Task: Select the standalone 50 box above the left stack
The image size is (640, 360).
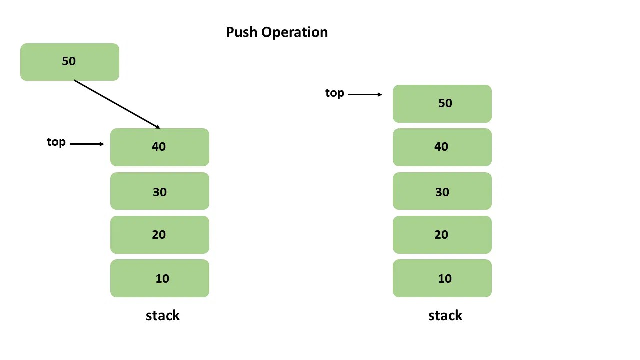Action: point(70,62)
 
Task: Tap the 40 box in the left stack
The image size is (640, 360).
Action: point(160,147)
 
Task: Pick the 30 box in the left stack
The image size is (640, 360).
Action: point(160,191)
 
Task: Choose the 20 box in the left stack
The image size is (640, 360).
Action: point(160,235)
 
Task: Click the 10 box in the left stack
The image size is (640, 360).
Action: point(160,278)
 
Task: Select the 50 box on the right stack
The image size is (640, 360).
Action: point(442,104)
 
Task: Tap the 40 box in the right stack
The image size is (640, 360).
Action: point(442,147)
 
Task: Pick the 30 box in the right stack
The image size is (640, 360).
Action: point(442,191)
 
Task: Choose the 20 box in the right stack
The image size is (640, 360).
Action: point(442,235)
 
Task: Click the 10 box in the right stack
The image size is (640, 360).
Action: point(442,278)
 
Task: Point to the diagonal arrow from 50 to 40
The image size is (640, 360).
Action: point(116,104)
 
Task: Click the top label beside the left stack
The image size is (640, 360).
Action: point(56,142)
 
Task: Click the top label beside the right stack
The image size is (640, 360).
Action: point(335,93)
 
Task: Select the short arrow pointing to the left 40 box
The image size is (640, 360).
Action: point(87,144)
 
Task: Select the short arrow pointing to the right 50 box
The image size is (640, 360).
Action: point(365,94)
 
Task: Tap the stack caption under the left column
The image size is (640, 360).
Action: point(163,316)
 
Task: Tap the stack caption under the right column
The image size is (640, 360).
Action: point(445,316)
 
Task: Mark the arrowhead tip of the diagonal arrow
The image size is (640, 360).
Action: point(159,128)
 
